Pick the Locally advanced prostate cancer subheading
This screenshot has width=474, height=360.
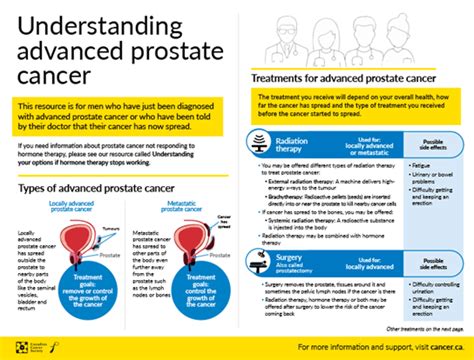point(77,207)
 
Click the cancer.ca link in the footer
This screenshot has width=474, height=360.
point(440,347)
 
